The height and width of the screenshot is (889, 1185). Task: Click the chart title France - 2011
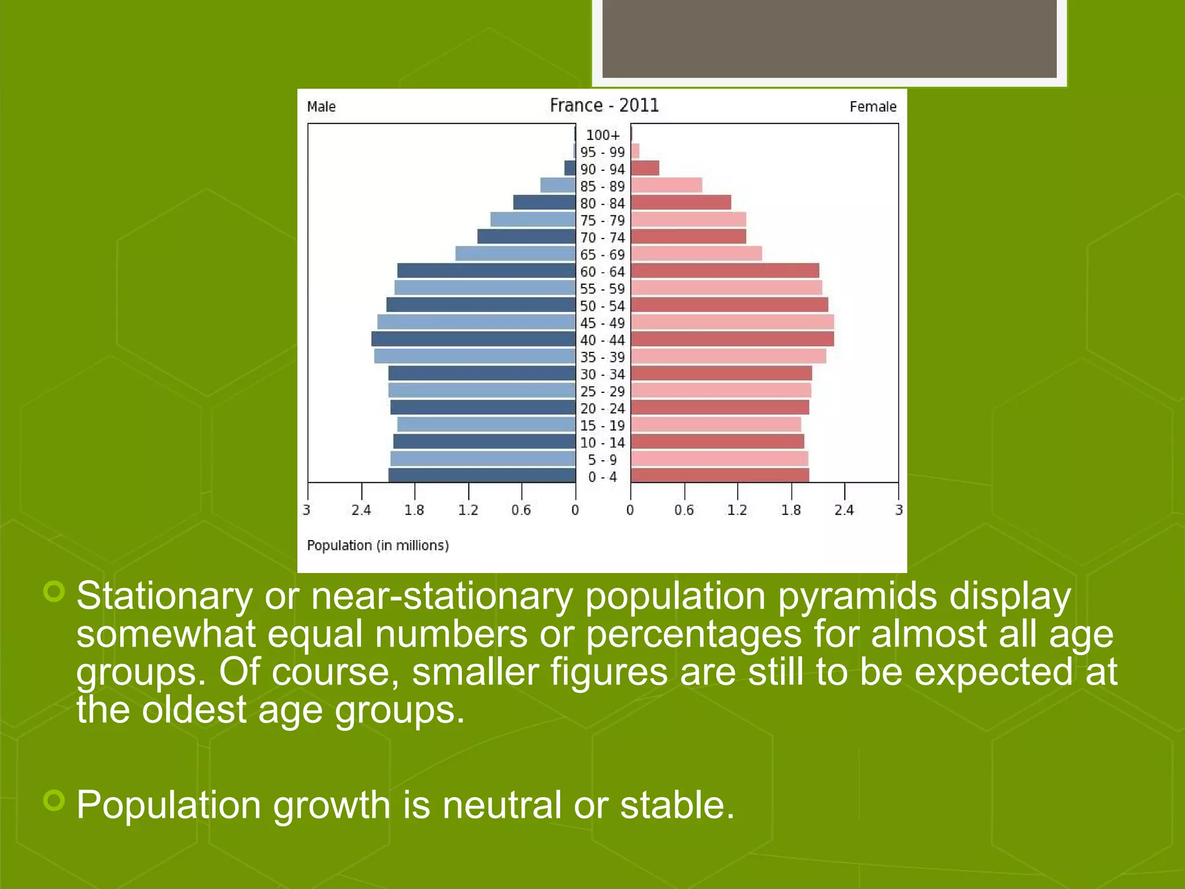pyautogui.click(x=604, y=105)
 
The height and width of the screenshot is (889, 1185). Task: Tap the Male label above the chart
pyautogui.click(x=321, y=106)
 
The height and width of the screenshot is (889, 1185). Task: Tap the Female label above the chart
pyautogui.click(x=873, y=106)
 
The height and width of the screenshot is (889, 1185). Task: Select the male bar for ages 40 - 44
pyautogui.click(x=473, y=339)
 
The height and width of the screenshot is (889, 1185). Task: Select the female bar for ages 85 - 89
pyautogui.click(x=666, y=185)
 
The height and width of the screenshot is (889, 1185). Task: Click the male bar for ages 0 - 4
pyautogui.click(x=481, y=475)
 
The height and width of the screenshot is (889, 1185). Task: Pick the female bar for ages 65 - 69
pyautogui.click(x=696, y=254)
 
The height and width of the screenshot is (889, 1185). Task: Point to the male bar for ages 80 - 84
pyautogui.click(x=544, y=203)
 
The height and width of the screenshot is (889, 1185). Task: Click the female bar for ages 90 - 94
pyautogui.click(x=645, y=168)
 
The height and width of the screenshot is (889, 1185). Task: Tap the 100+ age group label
pyautogui.click(x=602, y=135)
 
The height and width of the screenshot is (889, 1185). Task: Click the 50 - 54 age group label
pyautogui.click(x=602, y=306)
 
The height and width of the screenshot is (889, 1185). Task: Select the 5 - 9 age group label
pyautogui.click(x=602, y=460)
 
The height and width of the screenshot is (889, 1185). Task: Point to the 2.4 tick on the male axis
pyautogui.click(x=361, y=510)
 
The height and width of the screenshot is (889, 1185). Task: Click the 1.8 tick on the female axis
pyautogui.click(x=791, y=510)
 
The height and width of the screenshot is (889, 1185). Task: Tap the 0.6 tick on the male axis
pyautogui.click(x=521, y=510)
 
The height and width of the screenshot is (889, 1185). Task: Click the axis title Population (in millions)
pyautogui.click(x=377, y=545)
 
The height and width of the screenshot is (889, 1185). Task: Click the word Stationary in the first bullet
pyautogui.click(x=164, y=596)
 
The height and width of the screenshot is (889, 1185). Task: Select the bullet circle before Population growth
pyautogui.click(x=54, y=800)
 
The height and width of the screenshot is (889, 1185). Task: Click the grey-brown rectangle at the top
pyautogui.click(x=829, y=38)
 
